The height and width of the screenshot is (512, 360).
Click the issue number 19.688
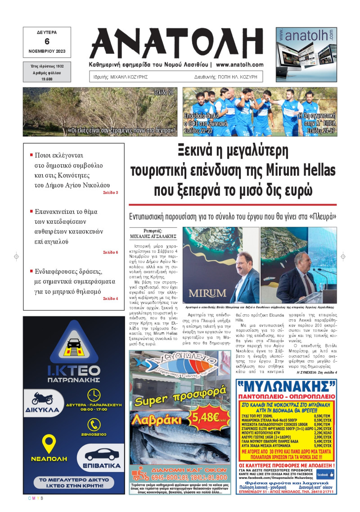point(47,79)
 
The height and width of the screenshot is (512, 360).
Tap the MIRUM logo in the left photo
point(207,293)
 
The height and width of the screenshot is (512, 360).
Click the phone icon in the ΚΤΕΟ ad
point(94,424)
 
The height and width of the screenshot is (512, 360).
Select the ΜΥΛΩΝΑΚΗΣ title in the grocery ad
point(286,386)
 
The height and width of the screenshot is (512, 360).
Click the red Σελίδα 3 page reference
point(110,192)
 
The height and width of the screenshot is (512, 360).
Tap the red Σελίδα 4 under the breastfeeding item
point(110,299)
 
